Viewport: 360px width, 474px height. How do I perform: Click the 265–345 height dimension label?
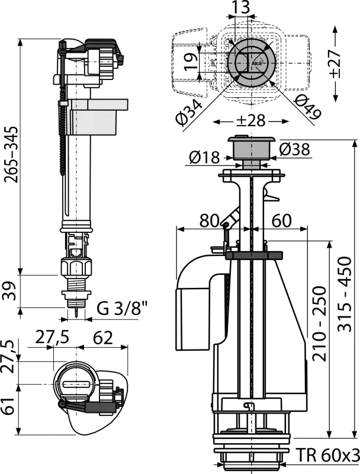[x=11, y=155]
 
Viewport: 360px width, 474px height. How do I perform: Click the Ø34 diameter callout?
[x=189, y=112]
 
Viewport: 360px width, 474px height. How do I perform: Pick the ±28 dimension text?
[x=250, y=121]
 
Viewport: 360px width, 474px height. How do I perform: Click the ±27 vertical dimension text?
[x=334, y=63]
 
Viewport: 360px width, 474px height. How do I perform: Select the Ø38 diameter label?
[x=295, y=149]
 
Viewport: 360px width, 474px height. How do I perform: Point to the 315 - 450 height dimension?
[x=345, y=294]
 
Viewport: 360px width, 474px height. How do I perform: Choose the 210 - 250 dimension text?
[x=320, y=324]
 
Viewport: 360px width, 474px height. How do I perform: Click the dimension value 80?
[x=209, y=220]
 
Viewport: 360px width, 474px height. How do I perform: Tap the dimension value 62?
[x=103, y=337]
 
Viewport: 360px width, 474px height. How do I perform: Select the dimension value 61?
[x=9, y=406]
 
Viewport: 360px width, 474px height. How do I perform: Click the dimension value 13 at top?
[x=242, y=7]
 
